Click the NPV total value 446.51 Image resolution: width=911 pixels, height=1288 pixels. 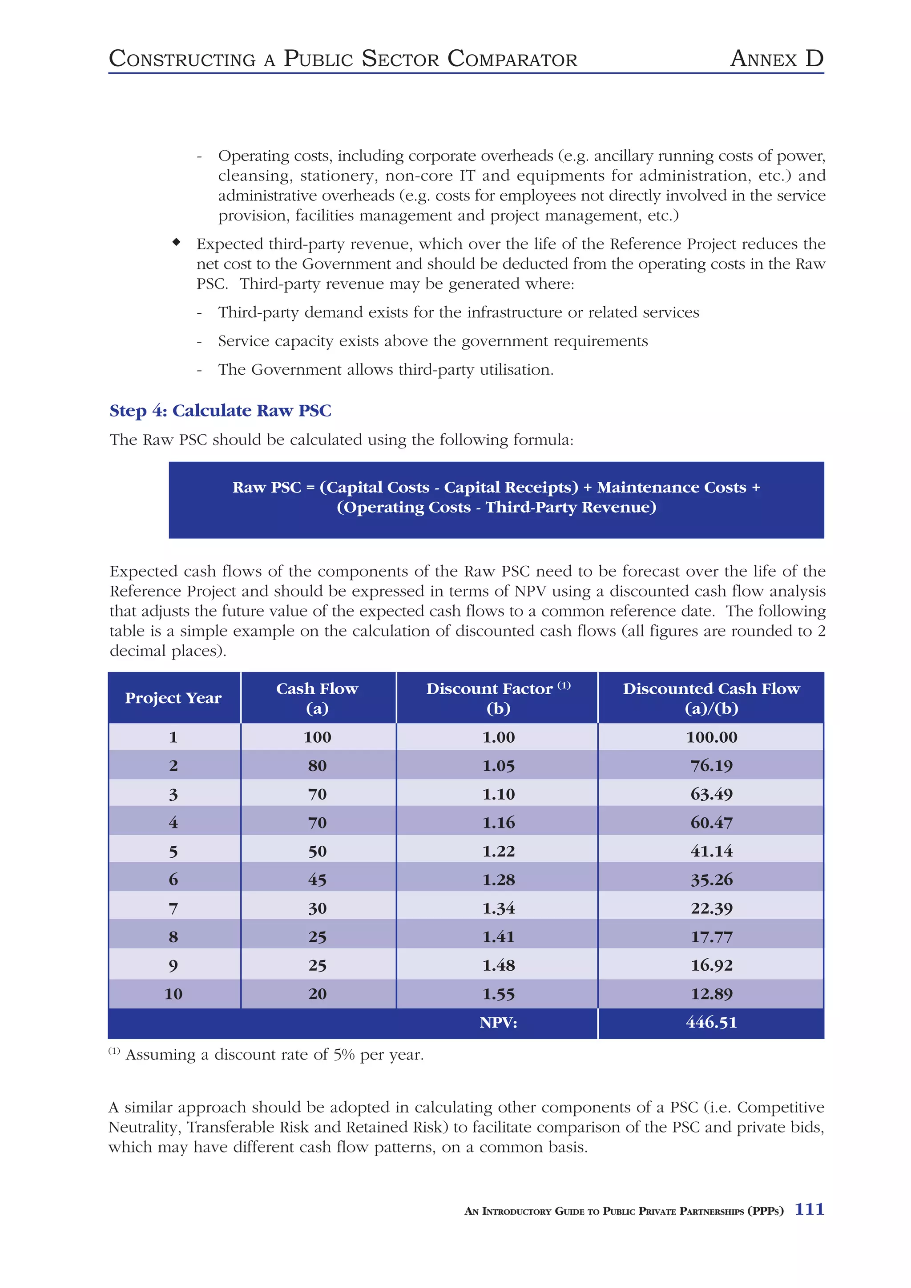711,1022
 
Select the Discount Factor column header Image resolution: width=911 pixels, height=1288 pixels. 498,697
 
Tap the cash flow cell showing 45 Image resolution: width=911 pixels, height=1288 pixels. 317,880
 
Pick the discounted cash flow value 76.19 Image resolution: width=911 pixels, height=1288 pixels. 711,766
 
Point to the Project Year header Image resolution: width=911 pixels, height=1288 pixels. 173,698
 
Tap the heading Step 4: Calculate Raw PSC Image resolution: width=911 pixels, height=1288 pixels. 220,411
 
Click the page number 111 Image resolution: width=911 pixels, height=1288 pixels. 809,1209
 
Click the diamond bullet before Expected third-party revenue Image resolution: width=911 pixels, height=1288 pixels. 176,242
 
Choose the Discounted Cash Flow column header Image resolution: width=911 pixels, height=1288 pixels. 711,697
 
